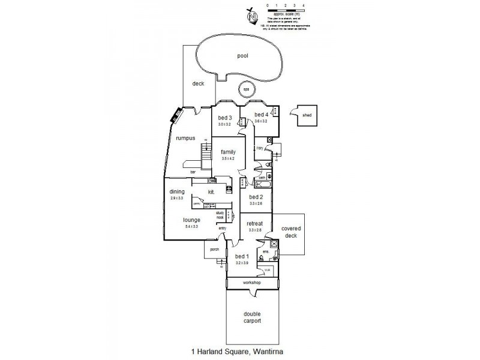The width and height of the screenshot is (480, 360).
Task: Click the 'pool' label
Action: point(242,56)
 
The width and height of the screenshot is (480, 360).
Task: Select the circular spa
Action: point(246,90)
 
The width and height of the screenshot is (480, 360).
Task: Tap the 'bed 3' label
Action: point(225,117)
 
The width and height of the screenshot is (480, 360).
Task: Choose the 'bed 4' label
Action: point(260,114)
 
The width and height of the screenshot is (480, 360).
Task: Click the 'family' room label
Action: point(228,152)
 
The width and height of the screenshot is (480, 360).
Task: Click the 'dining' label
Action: point(176,191)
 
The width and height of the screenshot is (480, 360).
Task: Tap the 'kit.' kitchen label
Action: point(211,192)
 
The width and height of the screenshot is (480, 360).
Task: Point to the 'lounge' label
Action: point(192,220)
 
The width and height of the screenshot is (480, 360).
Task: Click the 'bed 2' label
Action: point(256,197)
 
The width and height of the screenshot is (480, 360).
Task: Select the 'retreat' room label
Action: point(255,223)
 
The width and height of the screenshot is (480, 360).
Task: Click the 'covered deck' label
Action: point(290,232)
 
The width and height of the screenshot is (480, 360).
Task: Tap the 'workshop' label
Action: point(251,281)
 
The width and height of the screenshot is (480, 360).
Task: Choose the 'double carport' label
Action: point(252,317)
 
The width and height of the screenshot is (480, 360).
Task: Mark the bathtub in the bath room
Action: point(251,185)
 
